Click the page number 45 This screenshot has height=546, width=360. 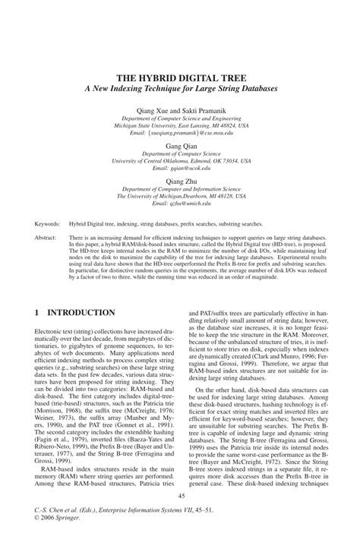180,496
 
